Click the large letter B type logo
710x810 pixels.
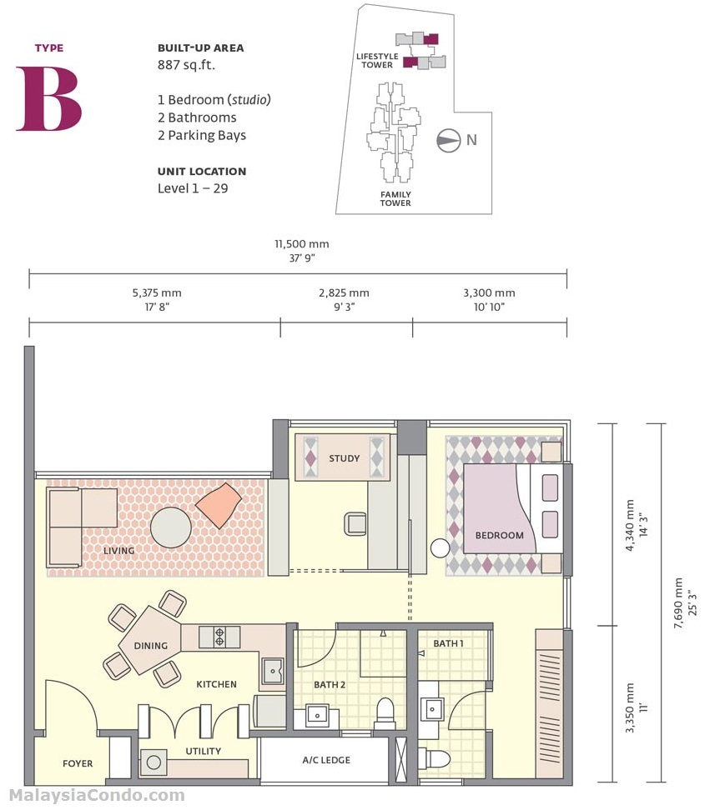click(48, 98)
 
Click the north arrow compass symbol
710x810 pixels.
click(450, 140)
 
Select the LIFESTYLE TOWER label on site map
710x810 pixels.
click(377, 60)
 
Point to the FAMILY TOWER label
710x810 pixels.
click(395, 198)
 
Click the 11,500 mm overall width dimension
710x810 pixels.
click(302, 244)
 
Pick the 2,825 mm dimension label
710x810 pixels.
click(344, 293)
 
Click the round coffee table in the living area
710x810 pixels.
click(171, 527)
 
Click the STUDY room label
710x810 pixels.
click(344, 458)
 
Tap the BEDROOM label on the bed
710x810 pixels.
click(499, 536)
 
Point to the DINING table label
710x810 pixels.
click(150, 646)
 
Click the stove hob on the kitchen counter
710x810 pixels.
click(219, 637)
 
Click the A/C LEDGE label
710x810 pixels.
click(325, 760)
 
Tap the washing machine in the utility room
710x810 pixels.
click(154, 762)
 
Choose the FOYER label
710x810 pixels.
click(78, 763)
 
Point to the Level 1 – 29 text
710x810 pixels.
click(193, 188)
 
